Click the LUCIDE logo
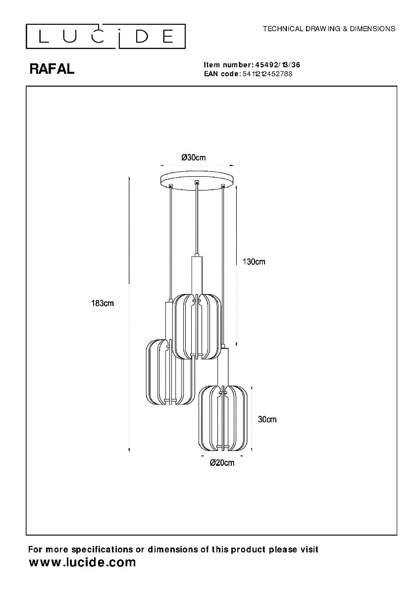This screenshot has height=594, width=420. pos(105,36)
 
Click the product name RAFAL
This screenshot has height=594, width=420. pos(52,69)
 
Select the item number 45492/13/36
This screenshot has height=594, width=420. pos(277,65)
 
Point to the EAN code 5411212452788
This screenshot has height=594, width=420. pos(267,74)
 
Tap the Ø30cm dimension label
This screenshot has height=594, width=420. pos(194,157)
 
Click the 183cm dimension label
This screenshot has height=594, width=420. pos(103,303)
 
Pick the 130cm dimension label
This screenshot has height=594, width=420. pos(254,262)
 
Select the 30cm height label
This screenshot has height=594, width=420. pos(267,419)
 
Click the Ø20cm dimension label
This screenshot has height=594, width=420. pos(222,463)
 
